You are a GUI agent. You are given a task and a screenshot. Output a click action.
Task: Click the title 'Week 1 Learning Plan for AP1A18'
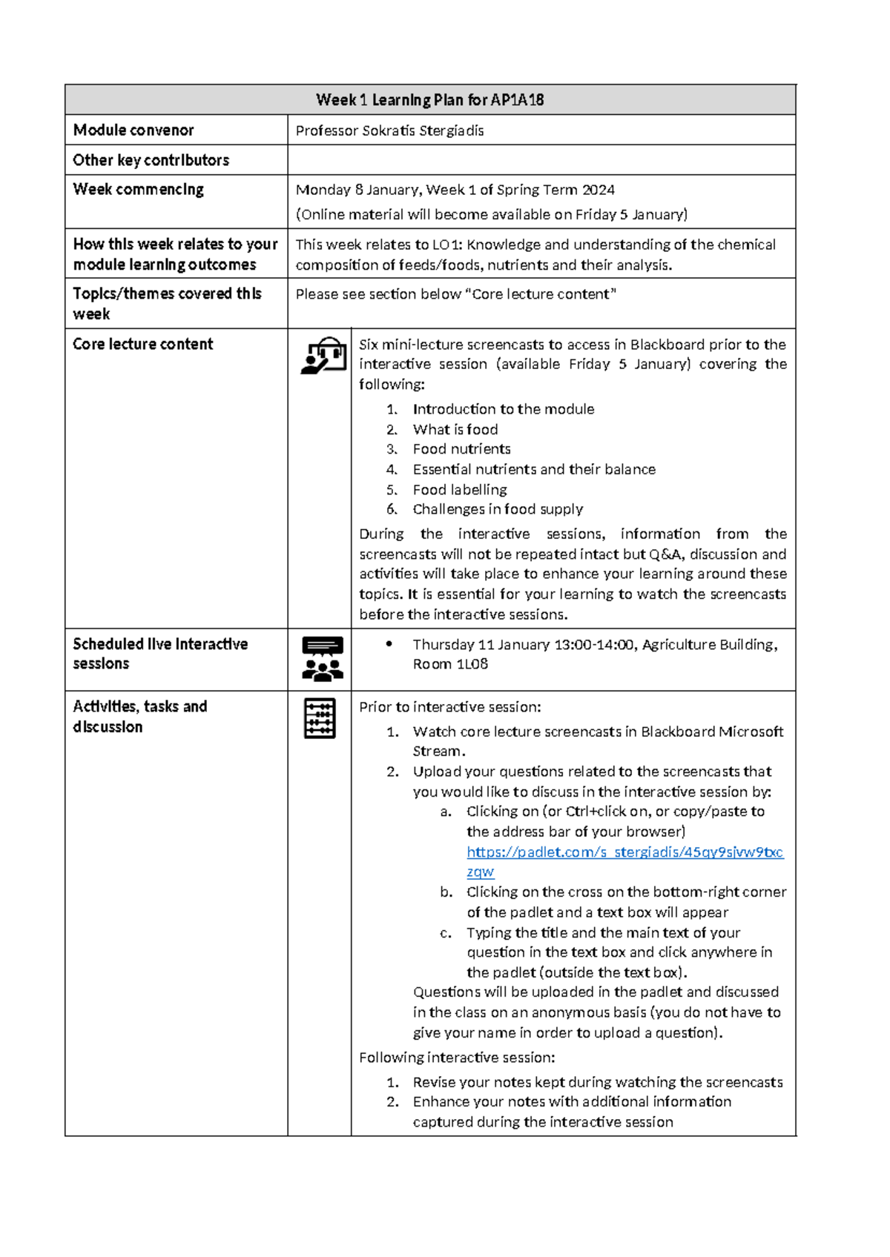[429, 99]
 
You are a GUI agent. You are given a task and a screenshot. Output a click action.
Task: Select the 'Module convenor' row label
[133, 130]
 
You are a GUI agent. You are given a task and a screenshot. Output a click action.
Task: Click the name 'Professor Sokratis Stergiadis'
[389, 131]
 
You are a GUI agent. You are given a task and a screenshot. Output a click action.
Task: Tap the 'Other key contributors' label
[151, 160]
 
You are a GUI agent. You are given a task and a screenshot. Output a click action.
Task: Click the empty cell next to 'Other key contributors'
[541, 160]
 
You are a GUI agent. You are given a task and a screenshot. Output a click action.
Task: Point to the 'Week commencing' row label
[138, 190]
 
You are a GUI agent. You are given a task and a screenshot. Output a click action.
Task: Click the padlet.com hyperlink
[624, 852]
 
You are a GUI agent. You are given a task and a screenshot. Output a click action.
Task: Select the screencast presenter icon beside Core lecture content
[323, 355]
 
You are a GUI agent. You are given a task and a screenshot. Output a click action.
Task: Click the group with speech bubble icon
[323, 659]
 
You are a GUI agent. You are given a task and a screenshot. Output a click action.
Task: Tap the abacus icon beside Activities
[320, 718]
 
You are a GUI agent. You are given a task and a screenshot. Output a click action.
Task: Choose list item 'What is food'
[455, 430]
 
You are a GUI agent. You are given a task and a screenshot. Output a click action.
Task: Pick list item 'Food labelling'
[460, 490]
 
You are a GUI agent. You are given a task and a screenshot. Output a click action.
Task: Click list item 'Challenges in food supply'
[498, 509]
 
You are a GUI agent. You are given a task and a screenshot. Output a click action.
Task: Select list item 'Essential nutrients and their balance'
[534, 470]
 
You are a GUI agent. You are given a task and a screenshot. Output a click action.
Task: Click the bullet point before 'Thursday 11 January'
[389, 644]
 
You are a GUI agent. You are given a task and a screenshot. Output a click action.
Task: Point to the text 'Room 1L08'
[450, 664]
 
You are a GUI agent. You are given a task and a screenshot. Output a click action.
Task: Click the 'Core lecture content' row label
[142, 344]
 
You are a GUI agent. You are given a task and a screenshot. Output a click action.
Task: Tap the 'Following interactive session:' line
[457, 1058]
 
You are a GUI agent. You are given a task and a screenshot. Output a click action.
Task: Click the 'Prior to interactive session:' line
[450, 707]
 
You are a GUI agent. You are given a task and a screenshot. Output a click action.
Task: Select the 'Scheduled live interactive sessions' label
[159, 654]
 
